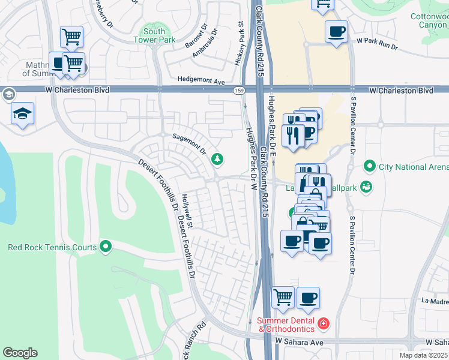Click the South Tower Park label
click(154, 36)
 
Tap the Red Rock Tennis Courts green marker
click(106, 247)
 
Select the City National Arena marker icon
click(369, 166)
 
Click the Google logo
click(20, 353)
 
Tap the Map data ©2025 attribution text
click(423, 355)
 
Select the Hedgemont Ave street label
click(200, 80)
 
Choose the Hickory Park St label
click(241, 44)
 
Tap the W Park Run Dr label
click(377, 41)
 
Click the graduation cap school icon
click(23, 113)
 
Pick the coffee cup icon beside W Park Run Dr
click(336, 31)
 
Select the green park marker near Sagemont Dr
click(217, 159)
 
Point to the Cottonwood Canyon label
click(429, 21)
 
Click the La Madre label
click(435, 300)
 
